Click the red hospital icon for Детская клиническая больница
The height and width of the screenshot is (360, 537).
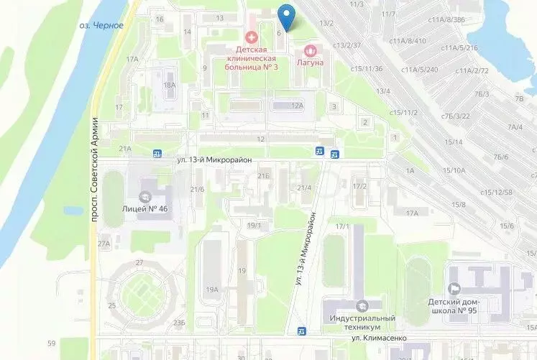(251, 36)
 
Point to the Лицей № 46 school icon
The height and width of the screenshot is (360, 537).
(145, 195)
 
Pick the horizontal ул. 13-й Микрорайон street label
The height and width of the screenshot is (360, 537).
(215, 160)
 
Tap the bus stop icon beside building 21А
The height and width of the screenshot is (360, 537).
(156, 152)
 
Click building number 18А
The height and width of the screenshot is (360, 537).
(169, 86)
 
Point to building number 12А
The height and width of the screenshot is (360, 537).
(298, 106)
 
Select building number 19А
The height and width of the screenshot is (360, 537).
(211, 290)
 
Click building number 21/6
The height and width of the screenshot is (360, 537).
(197, 189)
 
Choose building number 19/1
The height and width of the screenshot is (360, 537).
(253, 226)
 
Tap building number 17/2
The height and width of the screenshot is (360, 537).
(359, 186)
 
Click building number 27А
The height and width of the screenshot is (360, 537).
(104, 244)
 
